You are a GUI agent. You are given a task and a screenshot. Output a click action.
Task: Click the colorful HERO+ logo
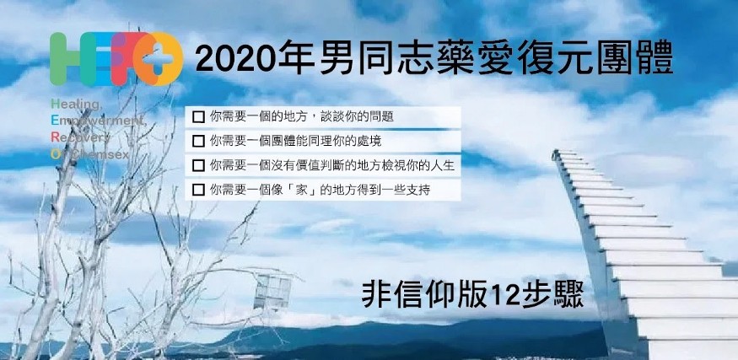(116, 59)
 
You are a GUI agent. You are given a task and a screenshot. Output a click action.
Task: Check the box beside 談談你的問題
(198, 116)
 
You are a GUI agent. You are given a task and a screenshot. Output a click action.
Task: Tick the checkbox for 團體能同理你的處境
(198, 141)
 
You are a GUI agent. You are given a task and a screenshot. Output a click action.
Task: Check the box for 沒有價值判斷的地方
(198, 165)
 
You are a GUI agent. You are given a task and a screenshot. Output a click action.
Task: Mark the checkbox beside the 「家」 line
(198, 190)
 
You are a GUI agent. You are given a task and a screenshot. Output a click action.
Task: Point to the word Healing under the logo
(76, 104)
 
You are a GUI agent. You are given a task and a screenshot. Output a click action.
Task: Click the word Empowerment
(99, 121)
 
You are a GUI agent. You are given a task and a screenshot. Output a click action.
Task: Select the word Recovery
(80, 137)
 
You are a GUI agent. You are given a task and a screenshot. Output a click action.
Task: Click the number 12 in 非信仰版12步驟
(506, 294)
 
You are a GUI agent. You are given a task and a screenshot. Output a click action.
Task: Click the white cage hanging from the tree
(272, 292)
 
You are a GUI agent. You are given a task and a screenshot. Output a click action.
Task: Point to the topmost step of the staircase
(565, 153)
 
